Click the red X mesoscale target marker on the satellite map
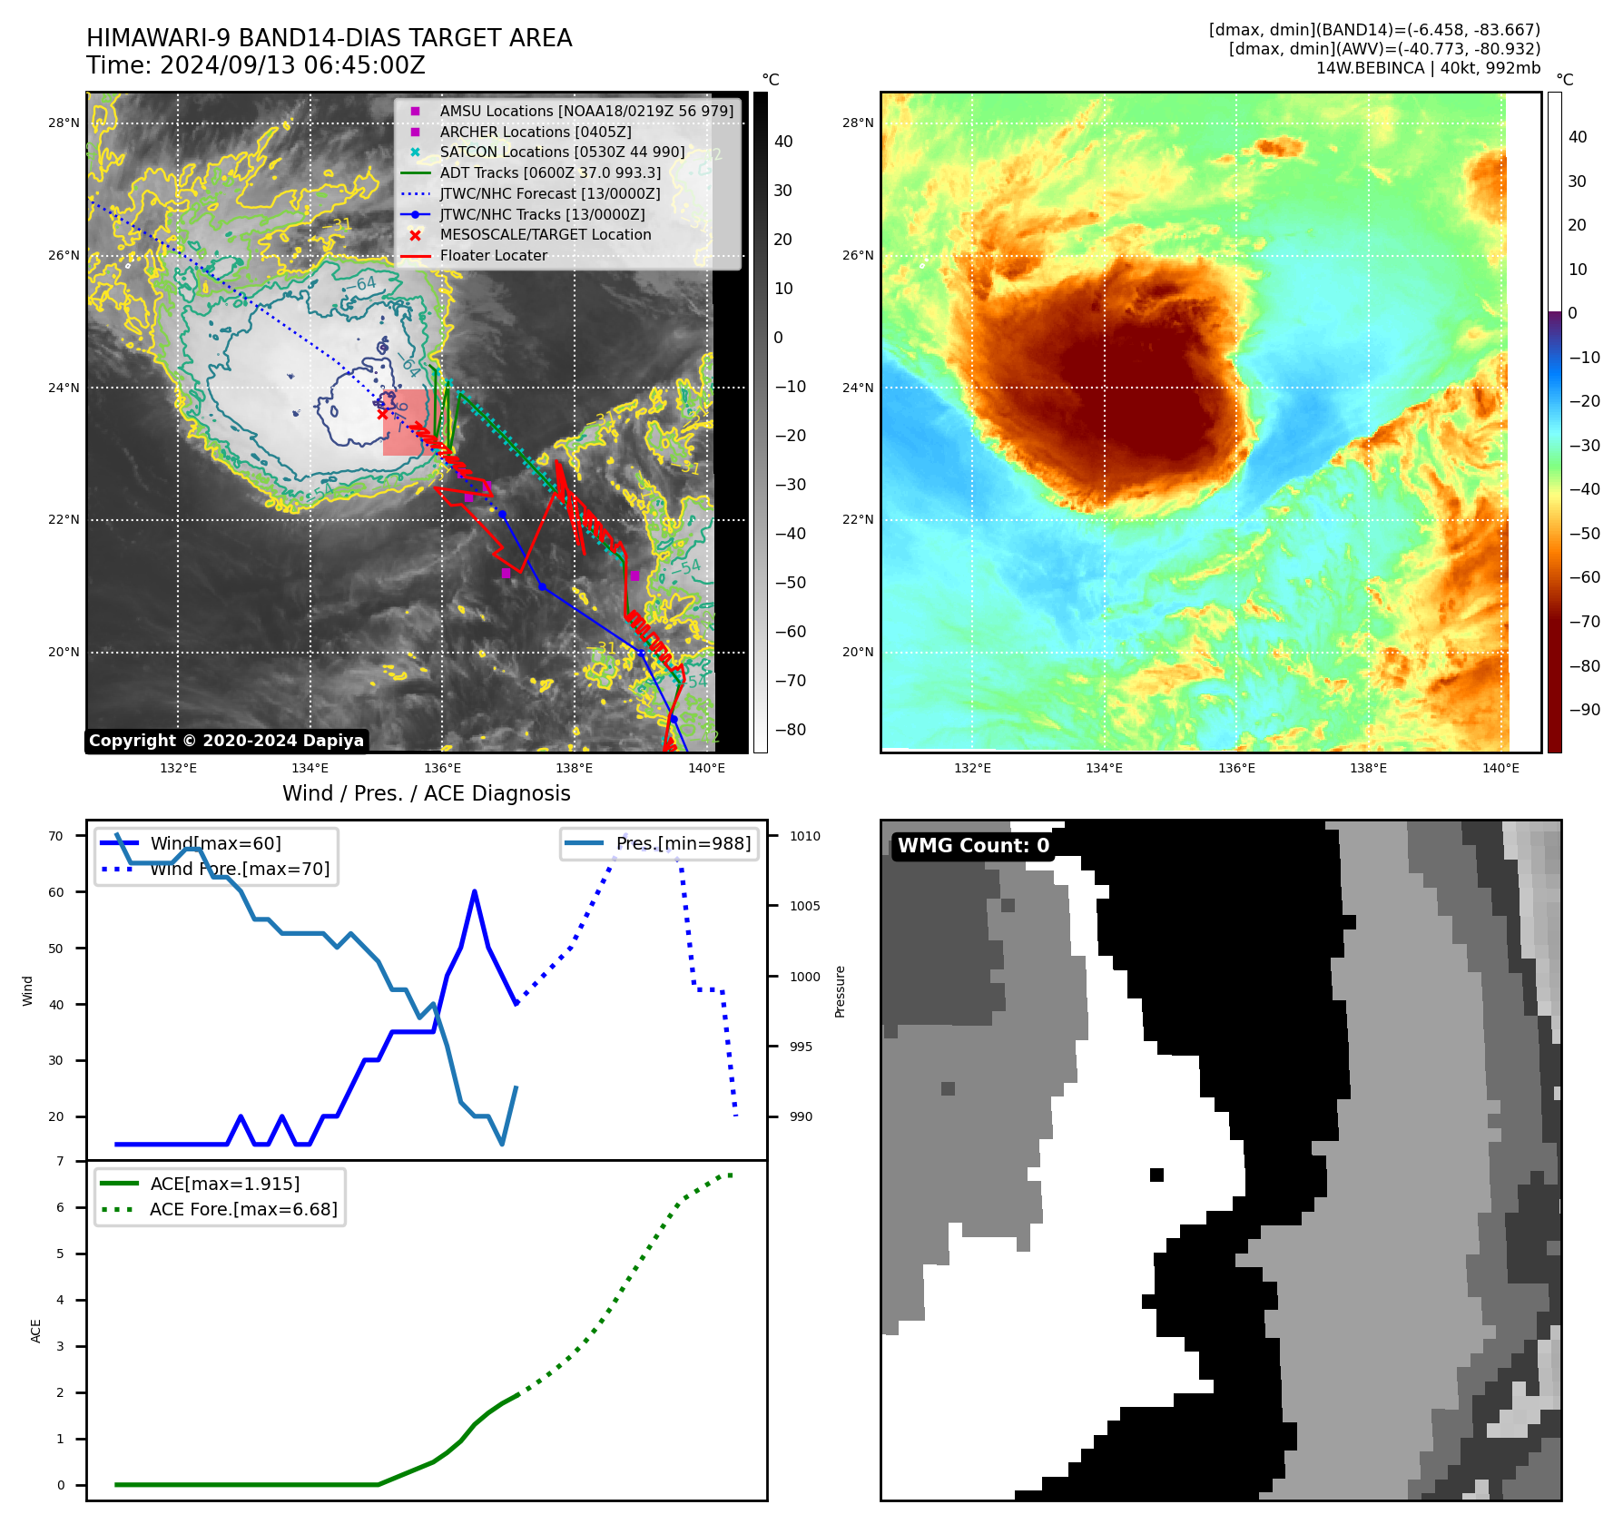[x=383, y=414]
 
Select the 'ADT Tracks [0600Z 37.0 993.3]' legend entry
[x=550, y=172]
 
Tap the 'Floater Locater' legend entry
[x=493, y=256]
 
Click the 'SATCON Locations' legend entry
[x=562, y=152]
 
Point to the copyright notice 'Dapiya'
[x=226, y=741]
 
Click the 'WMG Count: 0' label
[x=973, y=846]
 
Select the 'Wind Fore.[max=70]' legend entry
[x=240, y=869]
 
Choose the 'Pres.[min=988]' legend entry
[x=683, y=843]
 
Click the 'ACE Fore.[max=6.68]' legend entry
[x=243, y=1209]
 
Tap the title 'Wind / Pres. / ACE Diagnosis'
[x=427, y=793]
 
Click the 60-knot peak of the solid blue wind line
[x=475, y=892]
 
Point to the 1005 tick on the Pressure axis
[x=804, y=906]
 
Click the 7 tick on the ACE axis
[x=60, y=1161]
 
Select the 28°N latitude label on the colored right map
[x=857, y=123]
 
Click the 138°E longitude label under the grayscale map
[x=574, y=768]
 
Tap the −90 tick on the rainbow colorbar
[x=1584, y=710]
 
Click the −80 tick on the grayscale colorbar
[x=790, y=730]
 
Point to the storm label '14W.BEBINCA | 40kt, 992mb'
[x=1428, y=68]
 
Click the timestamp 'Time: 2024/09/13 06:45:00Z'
[x=256, y=65]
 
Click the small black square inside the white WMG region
[x=1156, y=1175]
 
